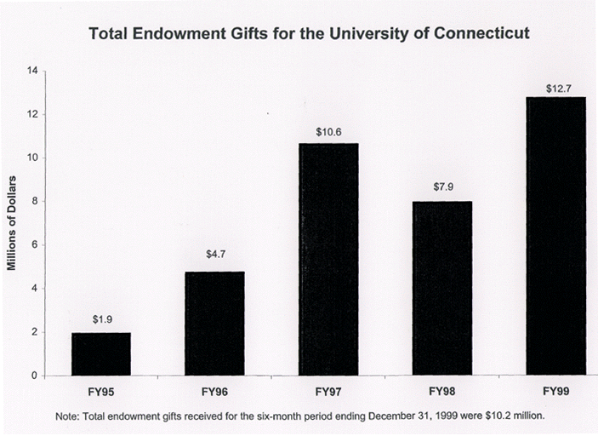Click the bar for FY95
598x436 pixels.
[101, 353]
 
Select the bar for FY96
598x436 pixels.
[214, 324]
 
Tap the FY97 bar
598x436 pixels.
[328, 259]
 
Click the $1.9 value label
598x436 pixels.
[101, 320]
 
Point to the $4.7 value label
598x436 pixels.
[214, 255]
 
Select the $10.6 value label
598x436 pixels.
[328, 131]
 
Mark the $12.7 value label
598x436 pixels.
[556, 87]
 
